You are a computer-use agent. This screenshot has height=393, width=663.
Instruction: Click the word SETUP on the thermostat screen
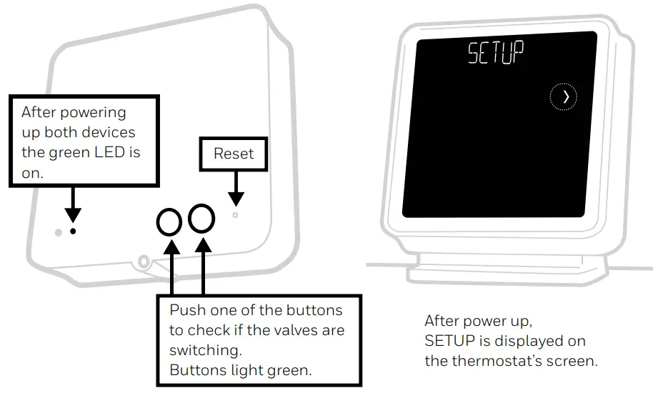pos(495,54)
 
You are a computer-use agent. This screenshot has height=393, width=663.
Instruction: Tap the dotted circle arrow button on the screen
pos(564,97)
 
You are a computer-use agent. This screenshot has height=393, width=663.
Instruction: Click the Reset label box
pos(234,154)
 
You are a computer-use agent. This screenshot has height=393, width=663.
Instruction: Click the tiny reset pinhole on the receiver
pos(234,214)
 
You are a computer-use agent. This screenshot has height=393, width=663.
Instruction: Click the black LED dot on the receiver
pos(73,232)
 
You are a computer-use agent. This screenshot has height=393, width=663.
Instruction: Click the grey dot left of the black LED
pos(59,232)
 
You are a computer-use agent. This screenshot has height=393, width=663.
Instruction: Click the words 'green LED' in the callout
pos(102,152)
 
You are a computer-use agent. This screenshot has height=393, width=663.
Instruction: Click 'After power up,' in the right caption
pos(478,321)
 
